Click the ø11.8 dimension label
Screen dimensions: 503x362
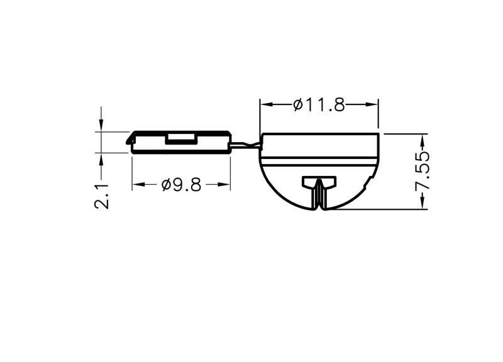319,105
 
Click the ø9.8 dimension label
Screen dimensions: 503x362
182,185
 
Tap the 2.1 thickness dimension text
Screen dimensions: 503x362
101,196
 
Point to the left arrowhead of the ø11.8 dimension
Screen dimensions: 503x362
266,104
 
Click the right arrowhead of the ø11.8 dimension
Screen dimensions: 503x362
372,104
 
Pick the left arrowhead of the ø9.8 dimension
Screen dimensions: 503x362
138,184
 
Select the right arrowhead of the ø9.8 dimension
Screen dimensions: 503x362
224,184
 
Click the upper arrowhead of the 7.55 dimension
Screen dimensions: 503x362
422,140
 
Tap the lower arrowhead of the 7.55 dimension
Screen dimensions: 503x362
422,203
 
